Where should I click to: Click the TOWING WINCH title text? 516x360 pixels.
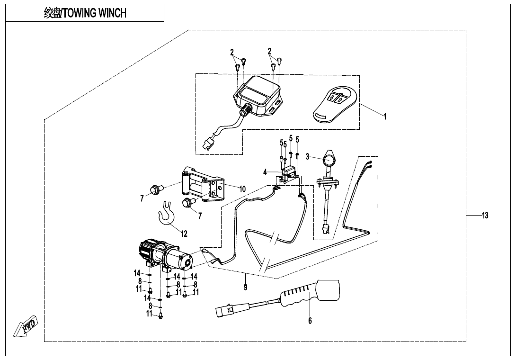coord(85,13)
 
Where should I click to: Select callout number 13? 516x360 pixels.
coord(485,216)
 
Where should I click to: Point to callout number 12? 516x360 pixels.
coord(184,234)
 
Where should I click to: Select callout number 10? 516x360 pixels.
coord(242,189)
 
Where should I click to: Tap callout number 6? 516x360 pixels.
coord(310,321)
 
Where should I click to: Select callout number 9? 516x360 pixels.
coord(245,287)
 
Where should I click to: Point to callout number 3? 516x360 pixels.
coord(307,156)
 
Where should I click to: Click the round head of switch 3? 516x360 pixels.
coord(329,159)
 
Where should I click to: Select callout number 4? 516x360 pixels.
coord(266,173)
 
